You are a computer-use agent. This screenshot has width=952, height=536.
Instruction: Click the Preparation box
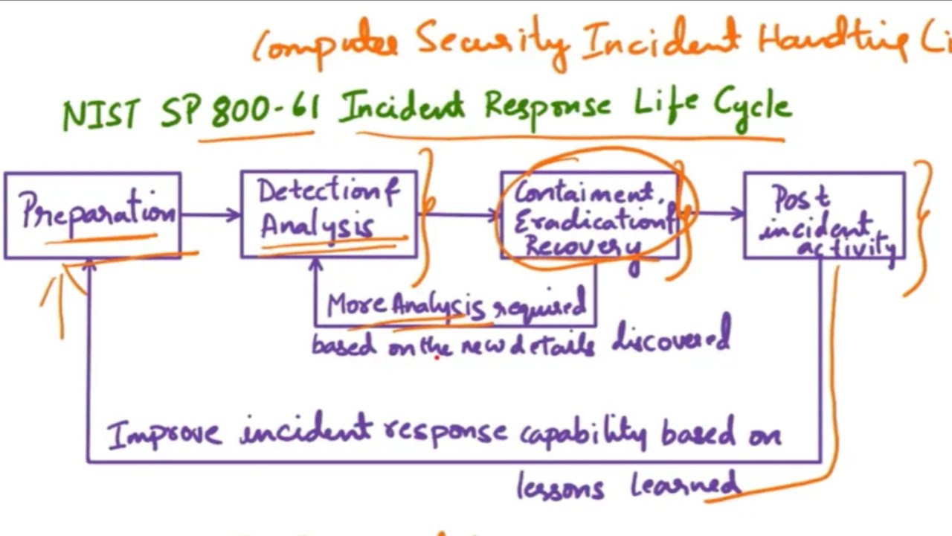pos(92,216)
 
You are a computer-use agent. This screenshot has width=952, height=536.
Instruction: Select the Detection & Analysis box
pos(329,214)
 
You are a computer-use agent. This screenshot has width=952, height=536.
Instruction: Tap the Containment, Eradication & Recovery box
pos(589,216)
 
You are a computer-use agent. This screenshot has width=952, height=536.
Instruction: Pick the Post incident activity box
pos(824,217)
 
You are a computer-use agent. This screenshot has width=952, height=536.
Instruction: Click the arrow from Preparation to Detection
pos(210,215)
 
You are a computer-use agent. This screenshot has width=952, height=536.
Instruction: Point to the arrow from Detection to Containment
pos(460,215)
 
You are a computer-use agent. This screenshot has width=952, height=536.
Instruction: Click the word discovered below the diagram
pos(671,339)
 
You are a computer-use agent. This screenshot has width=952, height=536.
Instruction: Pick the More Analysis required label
pos(456,306)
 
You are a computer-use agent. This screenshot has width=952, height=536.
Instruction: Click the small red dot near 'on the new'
pos(438,357)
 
